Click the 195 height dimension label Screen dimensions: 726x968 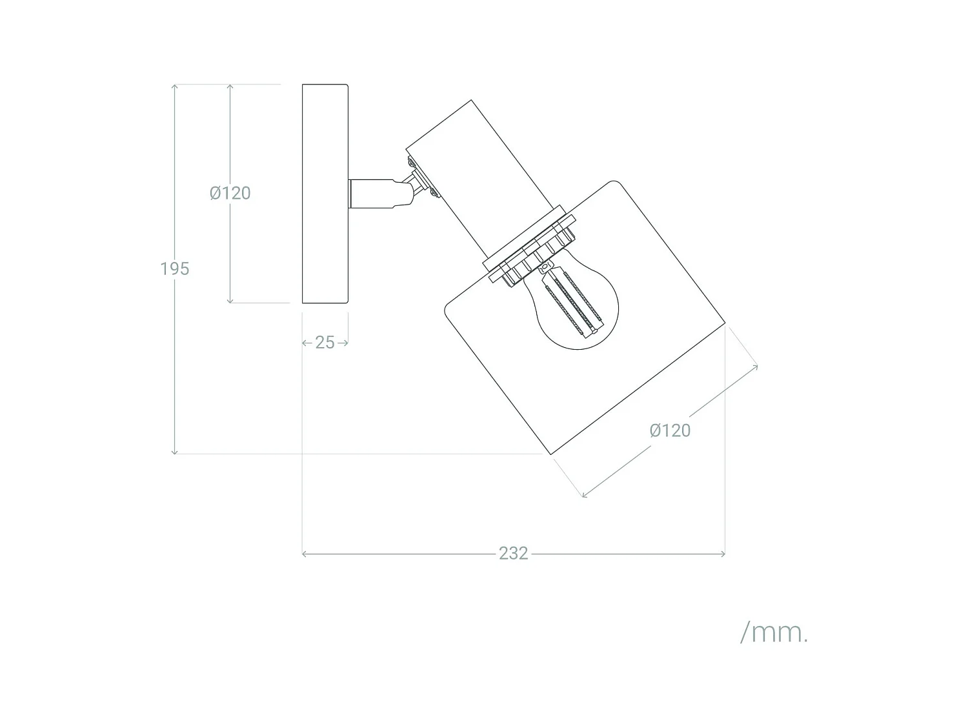coord(175,268)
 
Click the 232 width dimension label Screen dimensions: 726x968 coord(513,554)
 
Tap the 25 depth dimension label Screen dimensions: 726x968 coord(325,343)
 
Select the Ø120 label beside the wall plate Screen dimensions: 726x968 coord(230,193)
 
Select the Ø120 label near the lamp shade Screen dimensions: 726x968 coord(670,430)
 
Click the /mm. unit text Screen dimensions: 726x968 coord(774,633)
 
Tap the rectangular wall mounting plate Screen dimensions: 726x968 coord(325,194)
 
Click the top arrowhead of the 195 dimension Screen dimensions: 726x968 coord(175,86)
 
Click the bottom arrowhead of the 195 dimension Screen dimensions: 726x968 coord(175,452)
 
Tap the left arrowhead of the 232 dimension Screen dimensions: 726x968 coord(305,554)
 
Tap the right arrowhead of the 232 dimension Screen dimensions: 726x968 coord(723,554)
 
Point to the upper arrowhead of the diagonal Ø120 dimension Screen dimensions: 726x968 coord(756,367)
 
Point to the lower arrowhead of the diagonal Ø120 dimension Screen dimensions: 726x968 coord(585,495)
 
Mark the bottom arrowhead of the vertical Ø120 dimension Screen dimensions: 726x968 coord(230,301)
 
